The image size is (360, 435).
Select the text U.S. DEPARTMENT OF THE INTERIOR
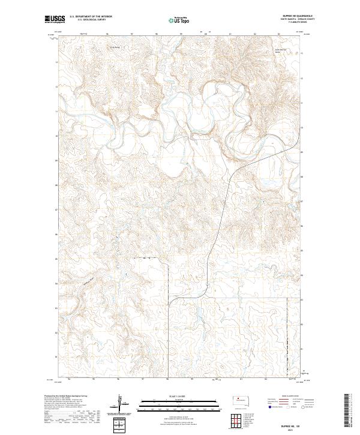[90, 17]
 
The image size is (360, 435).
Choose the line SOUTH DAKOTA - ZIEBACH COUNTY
[290, 20]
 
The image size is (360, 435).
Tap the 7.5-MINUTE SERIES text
[294, 23]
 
